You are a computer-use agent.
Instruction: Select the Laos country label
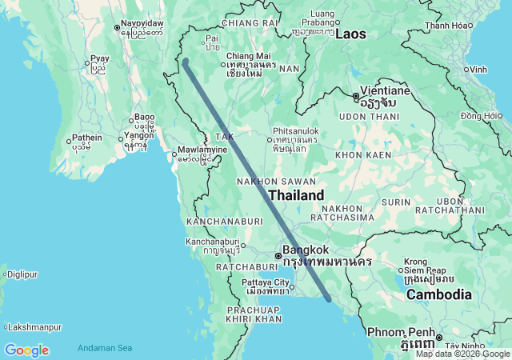pyautogui.click(x=351, y=34)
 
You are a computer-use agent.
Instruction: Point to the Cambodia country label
pyautogui.click(x=439, y=295)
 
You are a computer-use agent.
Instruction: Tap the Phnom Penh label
pyautogui.click(x=400, y=332)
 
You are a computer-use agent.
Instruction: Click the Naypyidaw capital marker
pyautogui.click(x=118, y=29)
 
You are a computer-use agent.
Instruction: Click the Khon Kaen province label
pyautogui.click(x=363, y=154)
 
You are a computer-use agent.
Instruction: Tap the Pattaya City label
pyautogui.click(x=267, y=282)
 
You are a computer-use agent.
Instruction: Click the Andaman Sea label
pyautogui.click(x=105, y=348)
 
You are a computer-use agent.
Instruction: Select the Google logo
pyautogui.click(x=26, y=350)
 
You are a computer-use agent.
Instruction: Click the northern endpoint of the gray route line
pyautogui.click(x=185, y=61)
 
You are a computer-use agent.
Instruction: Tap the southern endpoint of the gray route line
pyautogui.click(x=330, y=300)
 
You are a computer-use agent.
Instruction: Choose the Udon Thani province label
pyautogui.click(x=369, y=117)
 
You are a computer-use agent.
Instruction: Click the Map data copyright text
pyautogui.click(x=462, y=354)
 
